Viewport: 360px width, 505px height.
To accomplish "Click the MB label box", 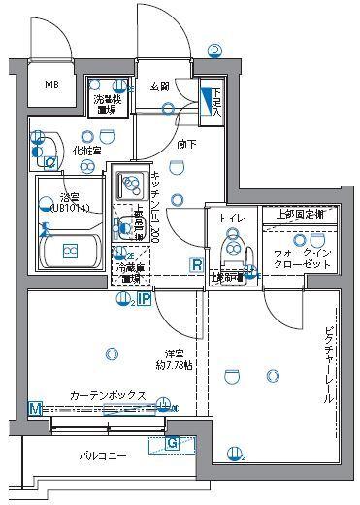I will point(51,84).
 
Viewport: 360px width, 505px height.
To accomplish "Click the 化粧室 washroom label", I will point(87,151).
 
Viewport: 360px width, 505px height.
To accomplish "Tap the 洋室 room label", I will point(174,353).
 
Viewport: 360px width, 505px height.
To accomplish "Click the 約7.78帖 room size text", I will point(175,366).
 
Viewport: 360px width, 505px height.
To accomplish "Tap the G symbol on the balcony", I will point(172,444).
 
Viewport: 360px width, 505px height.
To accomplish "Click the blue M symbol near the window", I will point(35,408).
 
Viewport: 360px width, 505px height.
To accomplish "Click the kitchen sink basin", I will point(130,181).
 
